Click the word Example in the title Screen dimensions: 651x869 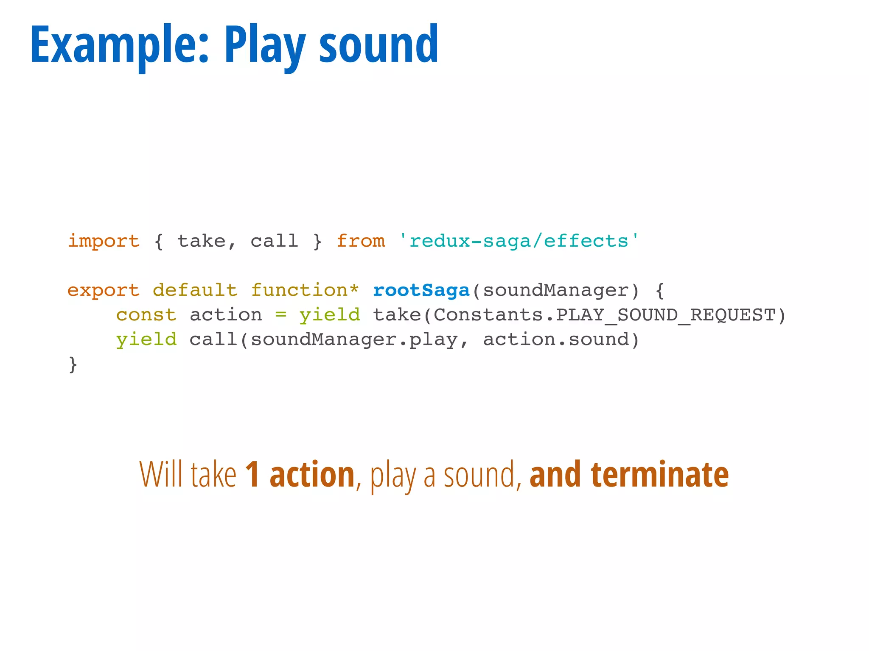pos(119,45)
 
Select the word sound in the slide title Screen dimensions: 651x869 pos(378,45)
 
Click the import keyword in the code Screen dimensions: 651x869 pos(104,241)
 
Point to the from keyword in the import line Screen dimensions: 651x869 pos(361,241)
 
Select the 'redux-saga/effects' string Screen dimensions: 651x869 pos(519,241)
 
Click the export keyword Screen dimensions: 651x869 pos(104,290)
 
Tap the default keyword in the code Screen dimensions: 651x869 pos(195,290)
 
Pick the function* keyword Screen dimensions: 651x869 pos(305,290)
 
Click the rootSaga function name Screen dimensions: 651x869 pos(421,290)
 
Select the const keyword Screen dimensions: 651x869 pos(146,315)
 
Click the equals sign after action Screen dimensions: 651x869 pos(280,315)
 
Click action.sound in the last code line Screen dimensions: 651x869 pos(556,339)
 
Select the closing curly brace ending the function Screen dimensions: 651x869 pos(73,364)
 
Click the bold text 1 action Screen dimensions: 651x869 pos(300,474)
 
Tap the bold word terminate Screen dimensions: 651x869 pos(660,474)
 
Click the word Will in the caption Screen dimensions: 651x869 pos(161,474)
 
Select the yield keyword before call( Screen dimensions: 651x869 pos(146,339)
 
